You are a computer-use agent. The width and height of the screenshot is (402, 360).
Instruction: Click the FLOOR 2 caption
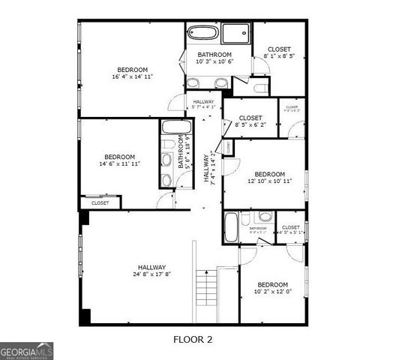[193, 340]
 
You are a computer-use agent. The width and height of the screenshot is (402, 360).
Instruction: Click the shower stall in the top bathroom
[237, 34]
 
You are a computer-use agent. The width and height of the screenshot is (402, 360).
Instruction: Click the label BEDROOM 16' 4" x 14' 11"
[132, 73]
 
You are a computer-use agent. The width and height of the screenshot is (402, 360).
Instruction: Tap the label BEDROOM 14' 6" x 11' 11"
[119, 159]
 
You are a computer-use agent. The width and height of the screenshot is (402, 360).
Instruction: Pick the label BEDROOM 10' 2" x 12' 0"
[272, 289]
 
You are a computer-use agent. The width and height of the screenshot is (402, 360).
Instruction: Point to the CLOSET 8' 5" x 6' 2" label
[250, 122]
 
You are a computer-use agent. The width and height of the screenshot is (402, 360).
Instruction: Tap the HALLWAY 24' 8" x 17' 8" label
[151, 271]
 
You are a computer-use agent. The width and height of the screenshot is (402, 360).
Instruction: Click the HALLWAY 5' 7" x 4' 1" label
[203, 104]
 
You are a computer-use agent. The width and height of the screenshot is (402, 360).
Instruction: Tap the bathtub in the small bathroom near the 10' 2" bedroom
[232, 226]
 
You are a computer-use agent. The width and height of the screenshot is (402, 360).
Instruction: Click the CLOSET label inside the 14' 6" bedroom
[100, 203]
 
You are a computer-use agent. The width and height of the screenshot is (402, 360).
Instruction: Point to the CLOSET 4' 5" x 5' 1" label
[291, 229]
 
